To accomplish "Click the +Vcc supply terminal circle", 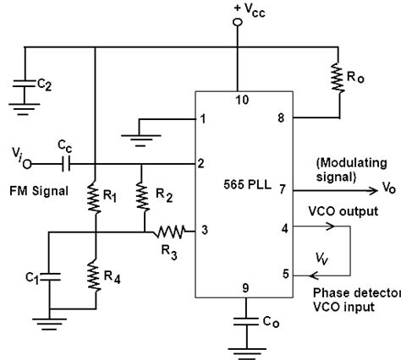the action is coord(238,22).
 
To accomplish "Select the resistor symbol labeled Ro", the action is coord(338,78).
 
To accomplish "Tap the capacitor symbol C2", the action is coord(25,84).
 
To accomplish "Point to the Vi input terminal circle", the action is coord(27,164).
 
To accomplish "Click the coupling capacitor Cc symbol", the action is coord(66,164).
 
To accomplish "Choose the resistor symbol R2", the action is coord(143,196).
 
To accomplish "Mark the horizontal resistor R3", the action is coord(169,232).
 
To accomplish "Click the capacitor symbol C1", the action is coord(49,277).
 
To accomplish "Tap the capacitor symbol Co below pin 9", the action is coord(246,322).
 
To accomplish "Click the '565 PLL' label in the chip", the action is coord(247,185).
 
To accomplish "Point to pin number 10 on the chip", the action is coord(242,100).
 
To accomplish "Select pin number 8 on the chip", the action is coord(281,118).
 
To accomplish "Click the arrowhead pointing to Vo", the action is coord(373,191).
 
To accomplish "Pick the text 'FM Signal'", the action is coord(39,191).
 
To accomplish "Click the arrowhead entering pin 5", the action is coord(313,275).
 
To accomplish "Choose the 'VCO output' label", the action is coord(343,211).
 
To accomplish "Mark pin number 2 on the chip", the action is coord(200,163).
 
